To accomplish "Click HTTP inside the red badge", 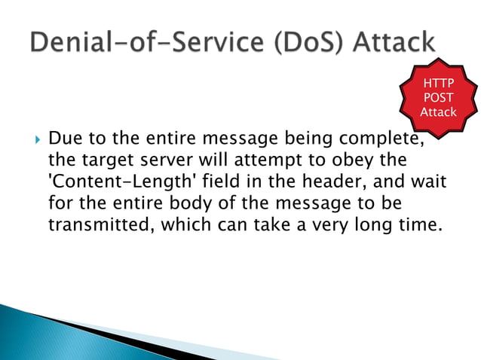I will point(438,85).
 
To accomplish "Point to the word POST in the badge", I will point(438,99).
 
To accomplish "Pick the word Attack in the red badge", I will point(438,112).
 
